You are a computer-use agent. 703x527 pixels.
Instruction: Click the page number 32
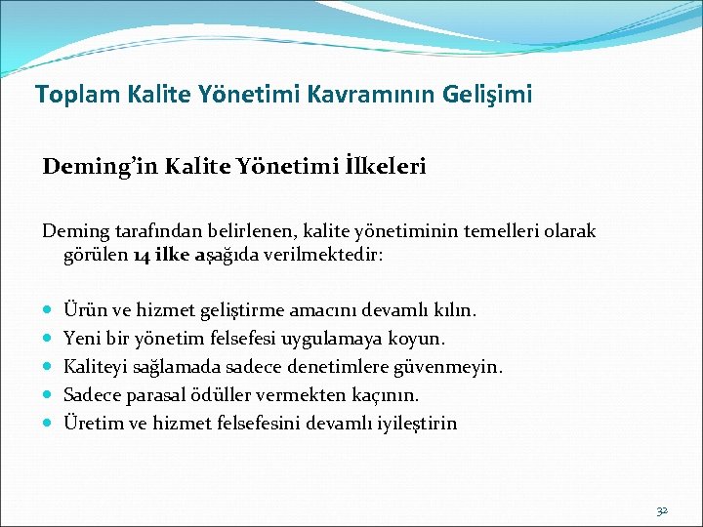[x=661, y=510]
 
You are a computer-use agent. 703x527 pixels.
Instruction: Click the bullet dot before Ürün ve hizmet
[x=49, y=310]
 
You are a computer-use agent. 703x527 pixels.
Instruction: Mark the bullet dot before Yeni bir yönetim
[x=49, y=339]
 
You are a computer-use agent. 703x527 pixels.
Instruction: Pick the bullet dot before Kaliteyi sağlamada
[x=49, y=367]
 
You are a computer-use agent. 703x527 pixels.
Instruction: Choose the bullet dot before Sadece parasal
[x=49, y=395]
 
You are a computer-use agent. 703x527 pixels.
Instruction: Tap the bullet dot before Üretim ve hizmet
[x=49, y=424]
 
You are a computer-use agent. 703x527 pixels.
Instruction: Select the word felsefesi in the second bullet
[x=249, y=339]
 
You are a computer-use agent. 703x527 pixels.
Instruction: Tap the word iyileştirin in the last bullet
[x=416, y=424]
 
